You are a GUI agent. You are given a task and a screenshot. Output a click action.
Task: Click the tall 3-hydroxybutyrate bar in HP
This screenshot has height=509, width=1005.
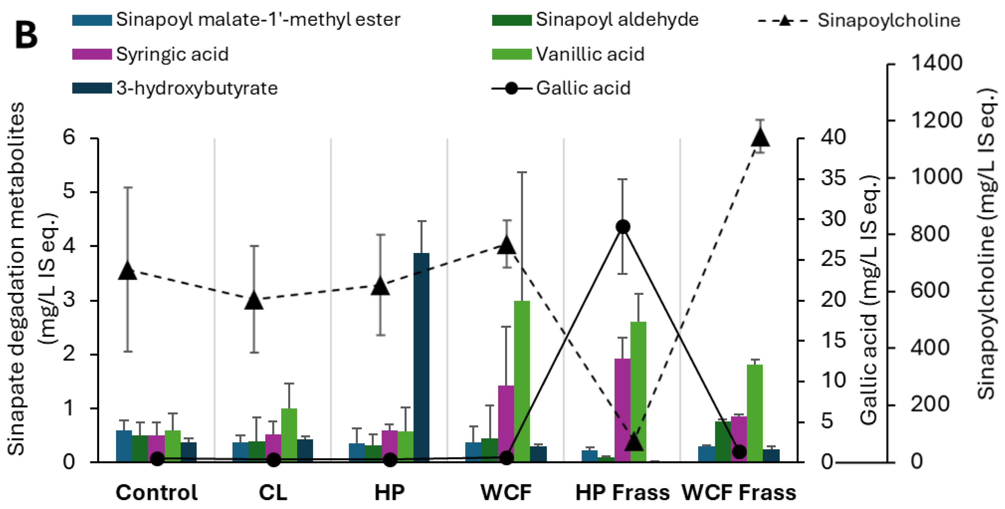point(421,357)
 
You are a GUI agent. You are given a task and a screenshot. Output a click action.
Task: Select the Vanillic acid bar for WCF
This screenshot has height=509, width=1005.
point(522,381)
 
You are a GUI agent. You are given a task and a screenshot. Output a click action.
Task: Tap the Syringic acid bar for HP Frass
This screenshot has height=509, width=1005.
point(622,410)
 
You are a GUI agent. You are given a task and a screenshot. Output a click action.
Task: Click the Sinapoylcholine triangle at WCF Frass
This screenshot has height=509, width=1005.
point(760,137)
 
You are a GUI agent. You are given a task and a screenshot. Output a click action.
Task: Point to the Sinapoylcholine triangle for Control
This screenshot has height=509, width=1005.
point(128,271)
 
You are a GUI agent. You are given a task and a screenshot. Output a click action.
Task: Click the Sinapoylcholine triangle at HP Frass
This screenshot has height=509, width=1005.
point(633,442)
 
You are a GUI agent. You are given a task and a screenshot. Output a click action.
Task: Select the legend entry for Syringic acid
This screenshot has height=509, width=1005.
point(172,54)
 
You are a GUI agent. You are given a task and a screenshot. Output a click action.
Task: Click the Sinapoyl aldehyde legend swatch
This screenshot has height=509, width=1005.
point(512,20)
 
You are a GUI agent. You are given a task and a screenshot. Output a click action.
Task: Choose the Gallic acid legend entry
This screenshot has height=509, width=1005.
point(583,88)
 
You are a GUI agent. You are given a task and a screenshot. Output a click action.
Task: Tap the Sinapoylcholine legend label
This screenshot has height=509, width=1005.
point(889,20)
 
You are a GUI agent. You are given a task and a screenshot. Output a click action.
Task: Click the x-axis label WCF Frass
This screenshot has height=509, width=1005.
point(739,493)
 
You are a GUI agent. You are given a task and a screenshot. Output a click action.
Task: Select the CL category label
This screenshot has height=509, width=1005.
point(273,493)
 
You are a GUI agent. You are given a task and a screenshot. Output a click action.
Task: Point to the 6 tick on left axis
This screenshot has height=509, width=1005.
point(69,137)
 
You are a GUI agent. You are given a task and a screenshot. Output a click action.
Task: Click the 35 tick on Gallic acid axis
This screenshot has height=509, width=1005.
point(833,178)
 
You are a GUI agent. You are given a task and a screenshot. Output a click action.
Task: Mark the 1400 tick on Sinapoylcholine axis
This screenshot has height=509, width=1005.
point(936,63)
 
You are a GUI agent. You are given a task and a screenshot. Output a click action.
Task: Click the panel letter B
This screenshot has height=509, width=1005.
point(26,35)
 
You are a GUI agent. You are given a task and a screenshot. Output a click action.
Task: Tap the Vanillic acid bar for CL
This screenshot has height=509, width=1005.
point(289,435)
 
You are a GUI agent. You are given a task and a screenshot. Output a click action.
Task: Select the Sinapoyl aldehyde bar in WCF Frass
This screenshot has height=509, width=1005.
point(723,441)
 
